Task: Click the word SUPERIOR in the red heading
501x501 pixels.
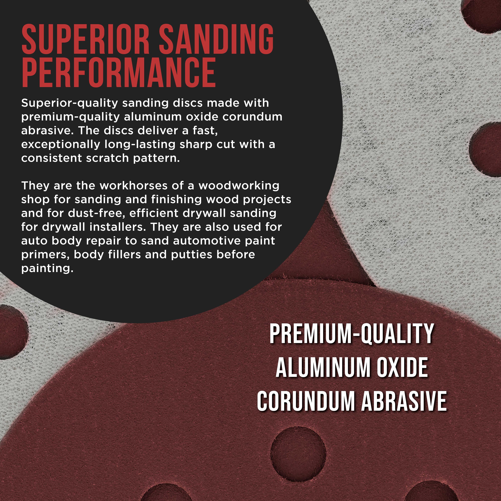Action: pyautogui.click(x=86, y=39)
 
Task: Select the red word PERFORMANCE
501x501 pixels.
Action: pyautogui.click(x=119, y=72)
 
